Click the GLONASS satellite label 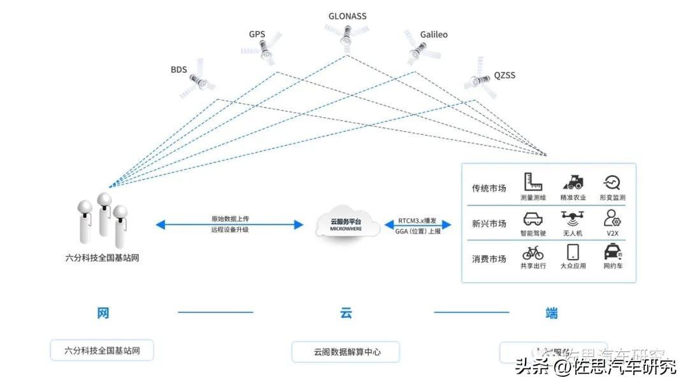point(347,16)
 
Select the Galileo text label point(434,34)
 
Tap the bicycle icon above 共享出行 point(533,253)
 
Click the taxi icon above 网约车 point(612,252)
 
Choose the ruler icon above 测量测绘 point(533,183)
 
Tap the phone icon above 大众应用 point(573,252)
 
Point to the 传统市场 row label point(489,188)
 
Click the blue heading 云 point(345,313)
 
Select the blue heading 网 point(103,313)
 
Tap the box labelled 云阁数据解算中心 point(346,351)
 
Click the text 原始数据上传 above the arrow point(230,219)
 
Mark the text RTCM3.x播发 point(417,220)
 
